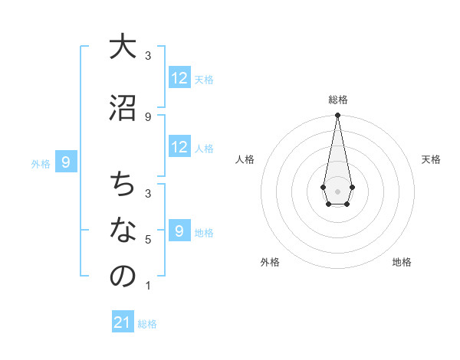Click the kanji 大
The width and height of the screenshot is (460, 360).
122,47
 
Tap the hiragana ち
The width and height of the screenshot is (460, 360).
122,185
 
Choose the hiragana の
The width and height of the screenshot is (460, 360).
122,277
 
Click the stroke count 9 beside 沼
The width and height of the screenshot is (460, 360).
148,116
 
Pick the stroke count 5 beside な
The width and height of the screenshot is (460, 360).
148,240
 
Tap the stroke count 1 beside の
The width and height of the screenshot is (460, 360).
148,286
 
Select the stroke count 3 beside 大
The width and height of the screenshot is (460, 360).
148,56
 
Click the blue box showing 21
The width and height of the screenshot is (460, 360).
123,322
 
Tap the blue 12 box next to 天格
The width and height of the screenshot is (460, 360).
179,78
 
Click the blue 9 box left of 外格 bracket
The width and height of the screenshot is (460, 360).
66,162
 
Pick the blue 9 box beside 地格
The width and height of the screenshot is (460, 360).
179,231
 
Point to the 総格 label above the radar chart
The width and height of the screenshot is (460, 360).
337,100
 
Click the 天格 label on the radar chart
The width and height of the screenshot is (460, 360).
432,159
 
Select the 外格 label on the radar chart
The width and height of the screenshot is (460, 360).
270,262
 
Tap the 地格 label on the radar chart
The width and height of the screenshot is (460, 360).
402,262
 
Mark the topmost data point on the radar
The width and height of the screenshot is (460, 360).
337,116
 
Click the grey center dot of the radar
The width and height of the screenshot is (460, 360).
337,191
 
